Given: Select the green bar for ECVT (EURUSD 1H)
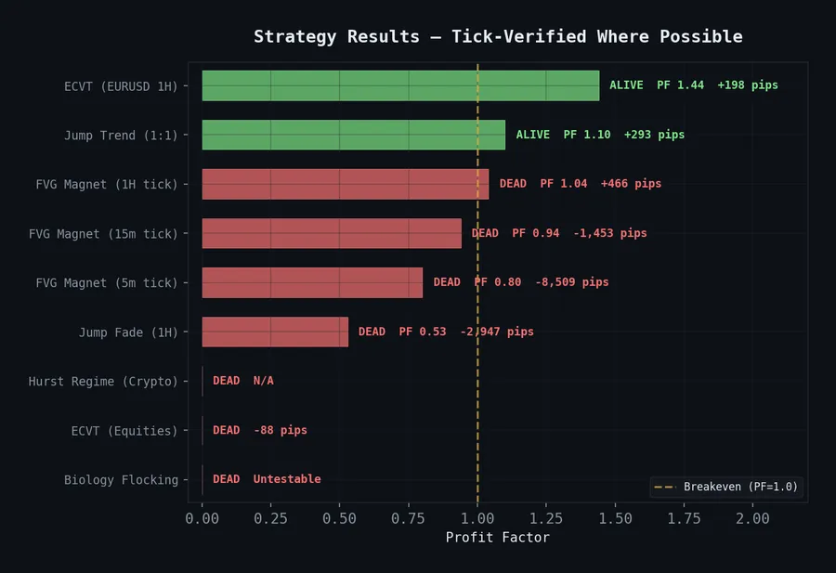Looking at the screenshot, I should click(400, 85).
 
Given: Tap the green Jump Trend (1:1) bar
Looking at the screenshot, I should click(353, 135).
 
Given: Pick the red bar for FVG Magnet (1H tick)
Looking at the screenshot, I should click(345, 184).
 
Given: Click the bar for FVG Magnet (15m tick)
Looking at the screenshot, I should click(332, 233).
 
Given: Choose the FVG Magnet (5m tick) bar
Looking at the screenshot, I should click(312, 282).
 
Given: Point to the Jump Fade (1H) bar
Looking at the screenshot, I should click(275, 332).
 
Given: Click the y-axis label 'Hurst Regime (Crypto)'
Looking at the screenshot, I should click(103, 382).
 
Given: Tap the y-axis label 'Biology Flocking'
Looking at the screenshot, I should click(121, 480).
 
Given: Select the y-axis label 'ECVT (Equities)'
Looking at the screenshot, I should click(124, 431).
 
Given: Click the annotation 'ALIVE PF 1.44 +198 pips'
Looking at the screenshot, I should click(693, 85).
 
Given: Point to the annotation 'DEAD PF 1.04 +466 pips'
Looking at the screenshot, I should click(581, 184).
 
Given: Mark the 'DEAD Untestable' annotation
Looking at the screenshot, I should click(267, 480).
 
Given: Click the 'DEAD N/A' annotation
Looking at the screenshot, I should click(243, 382).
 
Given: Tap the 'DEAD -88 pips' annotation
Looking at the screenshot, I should click(260, 431).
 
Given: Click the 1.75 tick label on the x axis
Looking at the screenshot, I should click(684, 519).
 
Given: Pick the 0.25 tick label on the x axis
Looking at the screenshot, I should click(270, 519).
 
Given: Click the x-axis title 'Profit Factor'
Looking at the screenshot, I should click(497, 538).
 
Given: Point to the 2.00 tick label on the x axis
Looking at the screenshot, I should click(752, 519).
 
